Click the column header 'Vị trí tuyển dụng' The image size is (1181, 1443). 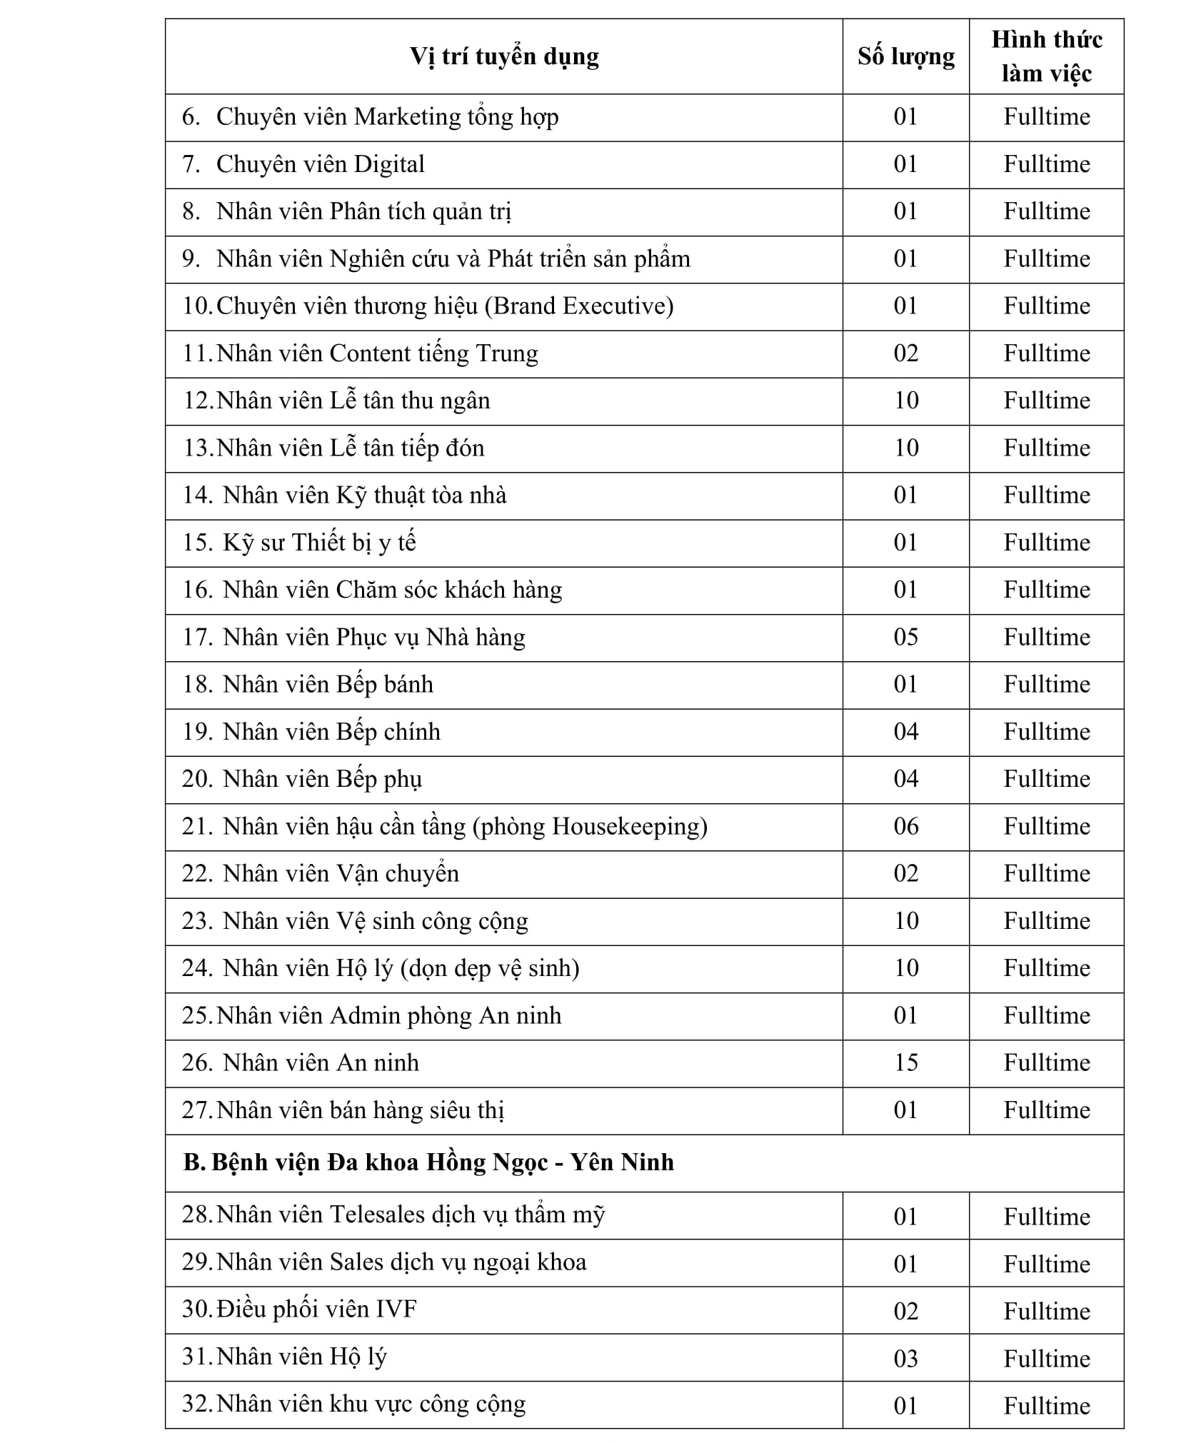(504, 56)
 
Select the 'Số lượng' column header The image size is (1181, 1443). (905, 56)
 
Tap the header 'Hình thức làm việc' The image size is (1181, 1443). (1046, 56)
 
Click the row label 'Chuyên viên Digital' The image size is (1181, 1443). (320, 164)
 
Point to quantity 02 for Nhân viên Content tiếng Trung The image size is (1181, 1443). (905, 353)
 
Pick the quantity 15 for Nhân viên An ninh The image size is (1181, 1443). (905, 1063)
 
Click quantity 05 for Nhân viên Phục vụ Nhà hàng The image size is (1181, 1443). (905, 637)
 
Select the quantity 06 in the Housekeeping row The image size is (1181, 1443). (905, 826)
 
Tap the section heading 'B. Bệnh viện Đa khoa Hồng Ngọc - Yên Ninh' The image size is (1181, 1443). (428, 1162)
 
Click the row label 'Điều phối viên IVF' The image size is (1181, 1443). (316, 1309)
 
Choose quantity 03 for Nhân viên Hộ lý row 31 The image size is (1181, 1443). (905, 1358)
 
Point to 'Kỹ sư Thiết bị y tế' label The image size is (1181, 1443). (319, 543)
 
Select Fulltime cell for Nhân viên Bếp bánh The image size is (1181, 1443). (1047, 684)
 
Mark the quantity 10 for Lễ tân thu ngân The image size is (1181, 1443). (905, 401)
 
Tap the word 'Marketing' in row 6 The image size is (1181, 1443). (408, 117)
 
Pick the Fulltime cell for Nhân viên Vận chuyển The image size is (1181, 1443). (1047, 873)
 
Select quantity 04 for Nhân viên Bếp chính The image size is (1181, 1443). (905, 732)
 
